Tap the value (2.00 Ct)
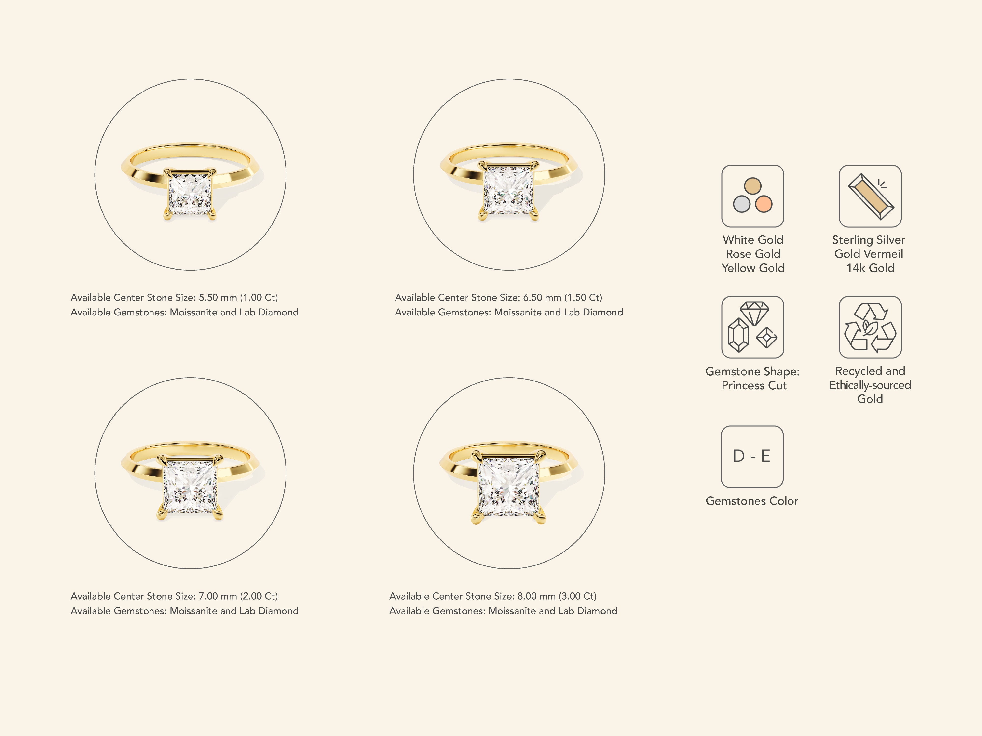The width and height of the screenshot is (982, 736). tap(259, 596)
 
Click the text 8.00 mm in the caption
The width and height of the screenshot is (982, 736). tap(536, 596)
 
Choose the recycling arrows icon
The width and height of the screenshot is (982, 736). tap(870, 327)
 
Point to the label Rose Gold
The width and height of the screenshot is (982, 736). tap(753, 254)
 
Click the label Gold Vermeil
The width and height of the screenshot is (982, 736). tap(869, 254)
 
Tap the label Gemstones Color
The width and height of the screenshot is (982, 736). tap(752, 501)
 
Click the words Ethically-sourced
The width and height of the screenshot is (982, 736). tap(870, 385)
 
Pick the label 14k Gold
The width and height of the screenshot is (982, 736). tap(870, 268)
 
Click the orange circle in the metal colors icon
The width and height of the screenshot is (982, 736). tap(764, 204)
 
